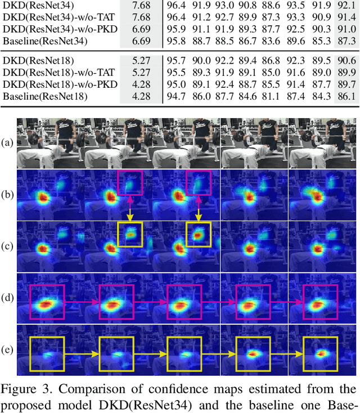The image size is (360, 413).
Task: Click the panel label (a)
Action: click(x=7, y=143)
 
